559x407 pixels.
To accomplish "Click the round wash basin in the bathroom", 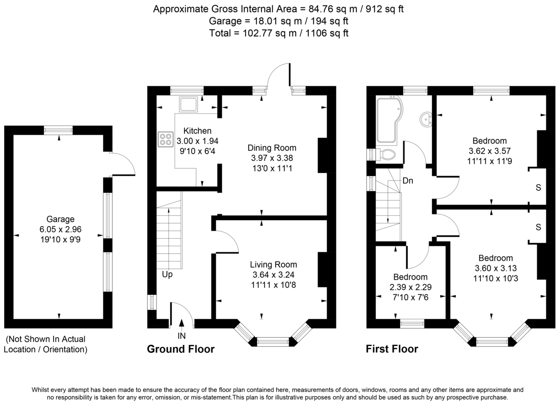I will coord(426,120).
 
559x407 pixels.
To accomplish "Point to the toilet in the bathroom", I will coord(386,154).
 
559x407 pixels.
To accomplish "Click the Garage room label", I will coord(60,219).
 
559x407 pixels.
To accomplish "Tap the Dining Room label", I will coord(272,148).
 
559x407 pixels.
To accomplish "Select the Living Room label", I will coord(273,264).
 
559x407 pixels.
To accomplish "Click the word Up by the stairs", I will coord(167,275).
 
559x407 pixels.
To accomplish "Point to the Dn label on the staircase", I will coord(408,180).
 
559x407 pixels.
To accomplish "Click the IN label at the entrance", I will coord(182,335).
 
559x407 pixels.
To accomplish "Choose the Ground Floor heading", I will coord(181,349).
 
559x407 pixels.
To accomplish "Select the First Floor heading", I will coord(392,349).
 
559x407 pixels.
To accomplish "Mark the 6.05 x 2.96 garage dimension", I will coord(60,229).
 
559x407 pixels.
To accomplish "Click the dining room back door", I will coord(279,75).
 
